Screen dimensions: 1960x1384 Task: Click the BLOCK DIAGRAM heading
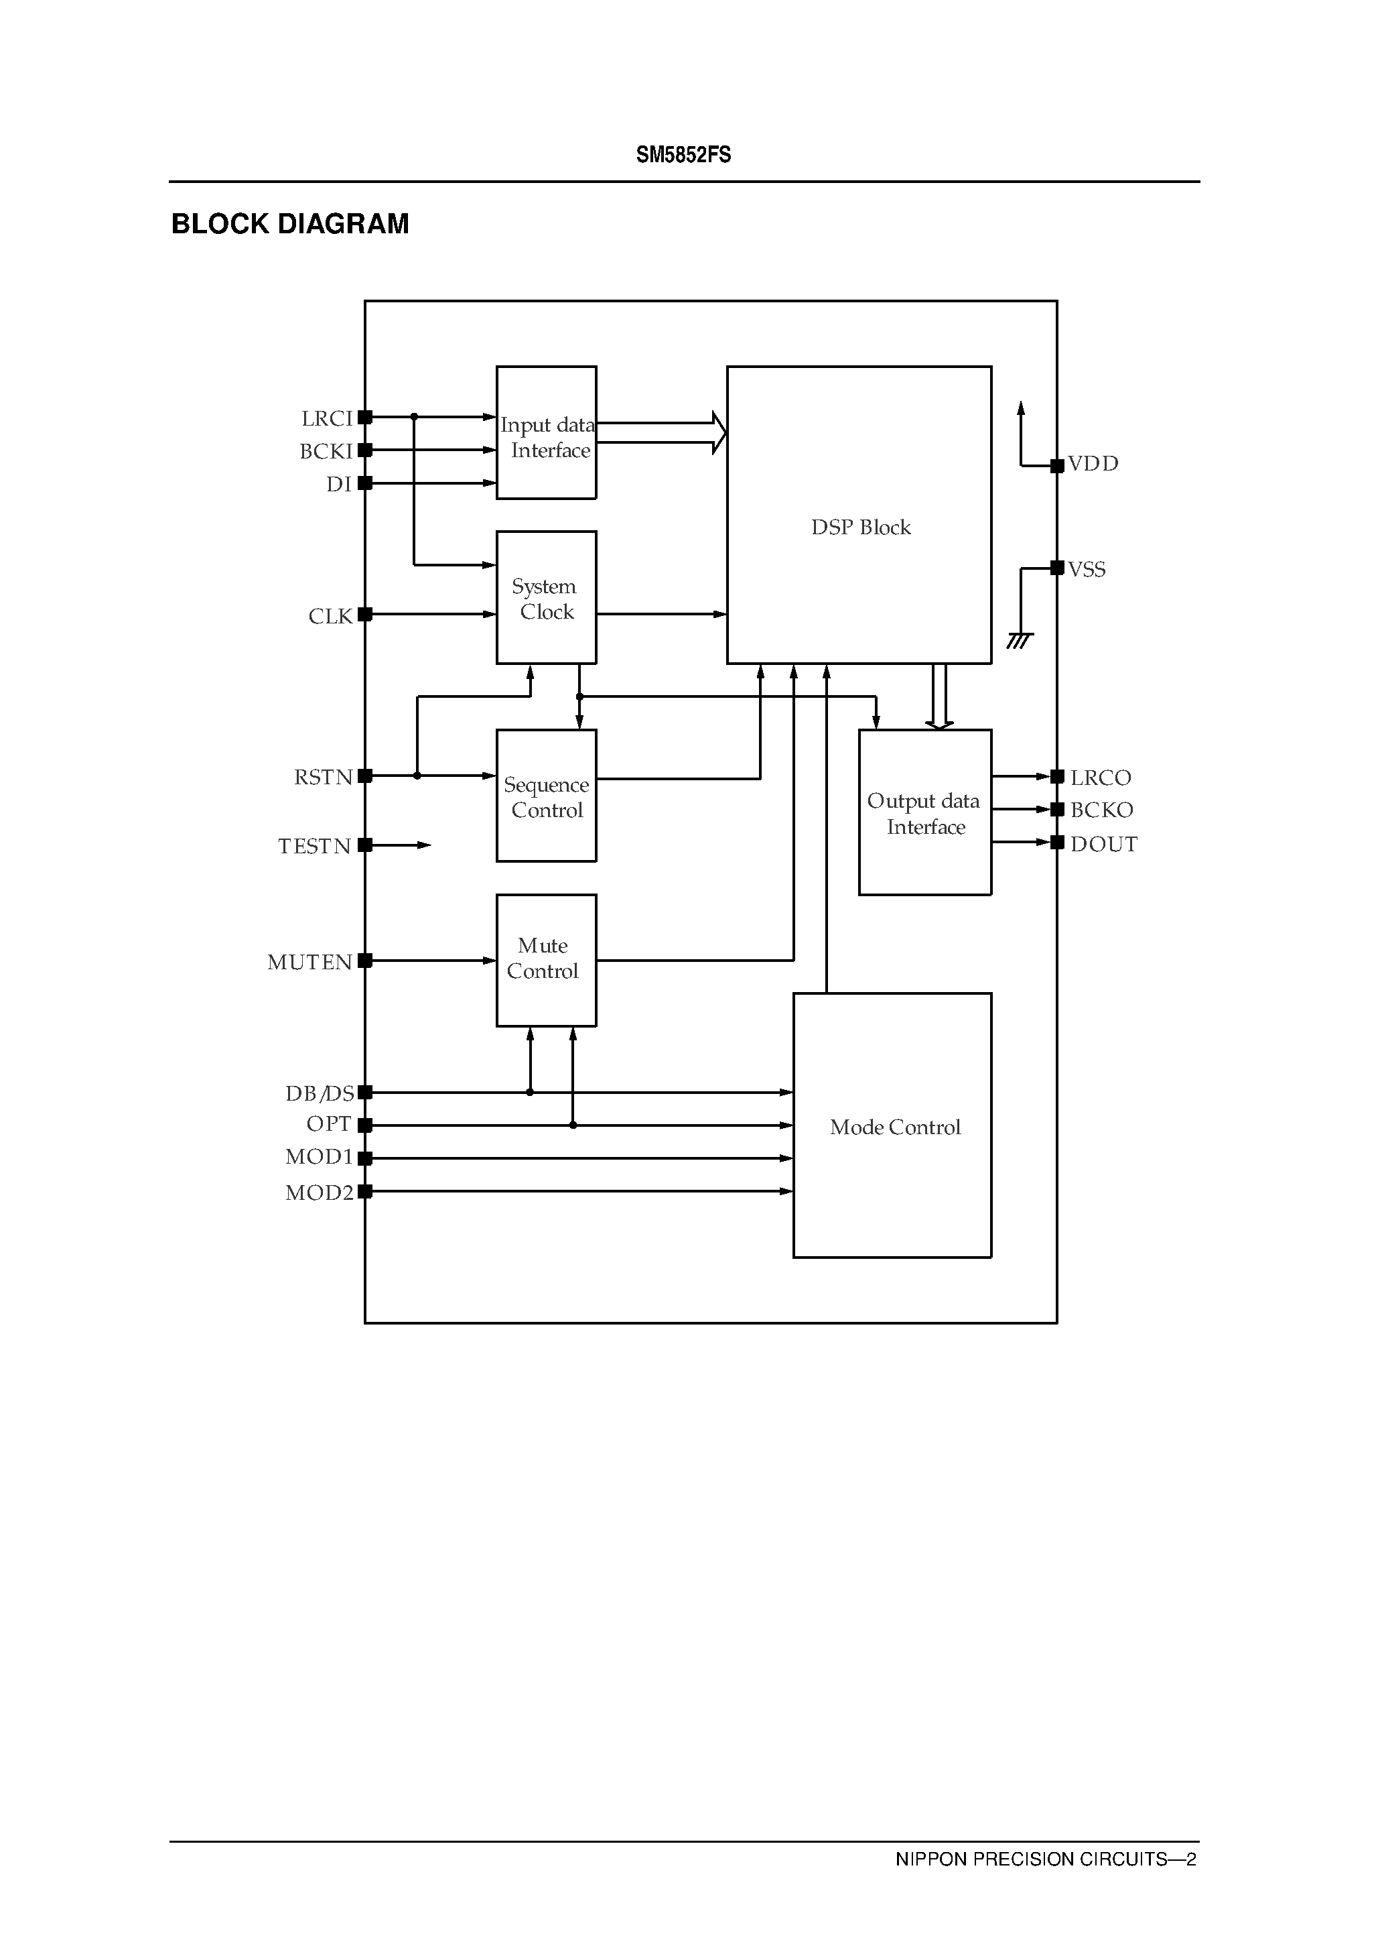click(290, 224)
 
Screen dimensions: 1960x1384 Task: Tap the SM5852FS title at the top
click(683, 155)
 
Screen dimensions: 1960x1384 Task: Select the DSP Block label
click(860, 528)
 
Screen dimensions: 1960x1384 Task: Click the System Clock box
click(546, 597)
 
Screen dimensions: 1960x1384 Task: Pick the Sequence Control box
click(546, 796)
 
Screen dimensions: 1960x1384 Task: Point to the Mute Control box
click(546, 959)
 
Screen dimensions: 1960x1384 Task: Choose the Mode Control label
click(894, 1127)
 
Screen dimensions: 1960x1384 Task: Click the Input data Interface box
click(546, 434)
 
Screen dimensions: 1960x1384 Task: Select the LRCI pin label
click(327, 418)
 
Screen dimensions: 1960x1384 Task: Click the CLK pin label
click(330, 616)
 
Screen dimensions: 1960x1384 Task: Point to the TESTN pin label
click(314, 846)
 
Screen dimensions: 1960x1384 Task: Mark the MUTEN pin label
click(309, 962)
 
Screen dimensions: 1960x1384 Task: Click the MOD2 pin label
click(318, 1192)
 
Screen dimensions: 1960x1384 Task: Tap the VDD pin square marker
click(1057, 465)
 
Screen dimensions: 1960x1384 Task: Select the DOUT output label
click(1103, 845)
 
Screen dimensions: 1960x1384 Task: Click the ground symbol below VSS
click(1019, 640)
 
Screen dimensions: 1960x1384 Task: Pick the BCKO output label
click(1101, 810)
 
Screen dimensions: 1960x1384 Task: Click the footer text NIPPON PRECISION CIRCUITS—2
click(1045, 1858)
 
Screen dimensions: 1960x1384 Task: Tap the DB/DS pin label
click(319, 1093)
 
